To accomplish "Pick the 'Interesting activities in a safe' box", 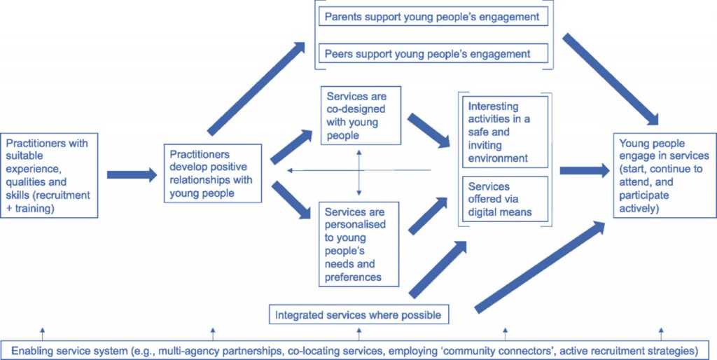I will pyautogui.click(x=504, y=132).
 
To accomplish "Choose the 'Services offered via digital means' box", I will pyautogui.click(x=504, y=199).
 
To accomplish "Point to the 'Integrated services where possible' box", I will pyautogui.click(x=358, y=314).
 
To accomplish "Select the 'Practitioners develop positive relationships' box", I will pyautogui.click(x=213, y=174).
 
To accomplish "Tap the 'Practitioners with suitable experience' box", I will pyautogui.click(x=48, y=174).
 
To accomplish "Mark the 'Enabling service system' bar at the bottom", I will pyautogui.click(x=358, y=349).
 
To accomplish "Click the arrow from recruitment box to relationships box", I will pyautogui.click(x=132, y=174).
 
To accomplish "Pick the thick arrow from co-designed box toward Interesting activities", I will pyautogui.click(x=429, y=130).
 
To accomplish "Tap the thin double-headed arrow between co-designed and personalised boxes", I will pyautogui.click(x=358, y=171).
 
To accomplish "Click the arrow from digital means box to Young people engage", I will pyautogui.click(x=584, y=170).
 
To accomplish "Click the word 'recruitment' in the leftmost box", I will pyautogui.click(x=64, y=195).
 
